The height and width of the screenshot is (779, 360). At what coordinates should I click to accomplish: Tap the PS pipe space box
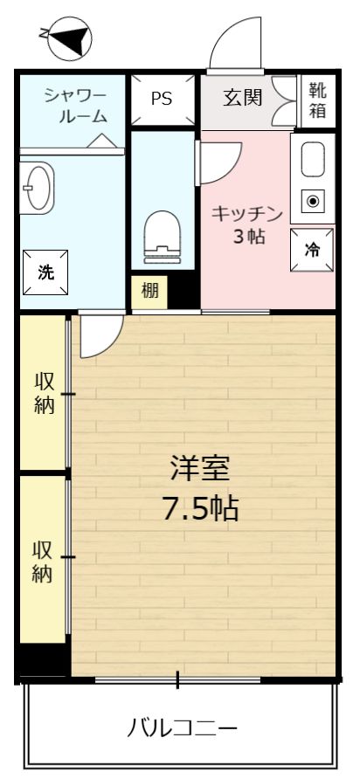[x=162, y=99]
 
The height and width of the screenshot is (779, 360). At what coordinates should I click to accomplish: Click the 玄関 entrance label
[x=242, y=98]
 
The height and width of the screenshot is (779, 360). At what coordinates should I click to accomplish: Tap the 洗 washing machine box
[x=45, y=272]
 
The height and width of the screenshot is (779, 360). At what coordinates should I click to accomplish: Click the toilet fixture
[x=163, y=235]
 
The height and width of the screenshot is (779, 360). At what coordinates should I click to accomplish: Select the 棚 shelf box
[x=150, y=292]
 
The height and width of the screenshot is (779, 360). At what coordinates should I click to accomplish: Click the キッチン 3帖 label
[x=248, y=224]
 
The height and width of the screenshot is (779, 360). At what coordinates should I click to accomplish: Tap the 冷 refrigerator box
[x=312, y=249]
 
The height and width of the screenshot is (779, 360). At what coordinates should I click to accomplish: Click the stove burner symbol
[x=314, y=201]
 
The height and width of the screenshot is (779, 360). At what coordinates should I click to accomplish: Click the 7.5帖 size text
[x=201, y=508]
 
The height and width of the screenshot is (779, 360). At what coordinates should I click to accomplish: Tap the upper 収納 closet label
[x=44, y=393]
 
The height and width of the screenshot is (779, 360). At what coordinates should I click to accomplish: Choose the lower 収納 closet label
[x=43, y=562]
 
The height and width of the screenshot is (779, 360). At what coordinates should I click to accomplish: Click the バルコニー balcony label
[x=181, y=727]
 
